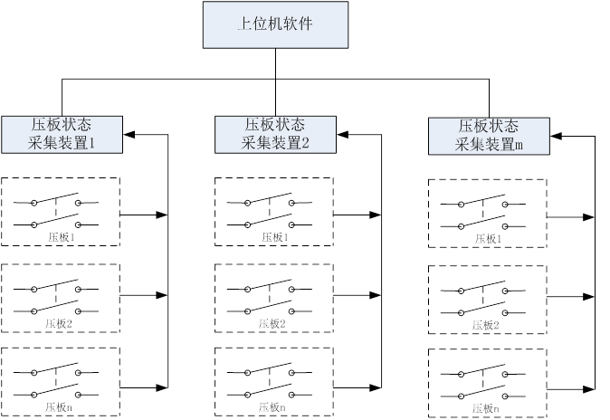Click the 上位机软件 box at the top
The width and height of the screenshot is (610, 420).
tap(275, 24)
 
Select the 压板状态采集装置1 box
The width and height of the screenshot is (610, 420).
tap(62, 134)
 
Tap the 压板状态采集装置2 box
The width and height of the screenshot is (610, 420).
tap(275, 134)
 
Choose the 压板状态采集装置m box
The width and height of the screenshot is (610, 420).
tap(489, 136)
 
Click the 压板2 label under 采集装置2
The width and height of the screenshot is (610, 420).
tap(272, 323)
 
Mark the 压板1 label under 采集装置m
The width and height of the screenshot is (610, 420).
tap(486, 240)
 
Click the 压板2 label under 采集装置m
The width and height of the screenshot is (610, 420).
tap(486, 324)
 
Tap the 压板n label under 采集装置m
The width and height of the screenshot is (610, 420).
tap(484, 409)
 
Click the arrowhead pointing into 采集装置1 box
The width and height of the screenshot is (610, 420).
tap(128, 135)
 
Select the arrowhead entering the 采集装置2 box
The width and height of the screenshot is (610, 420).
tap(341, 135)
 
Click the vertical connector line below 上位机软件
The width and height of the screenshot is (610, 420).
tap(275, 63)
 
